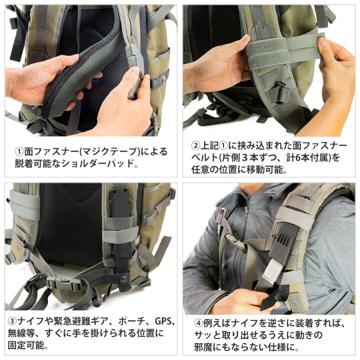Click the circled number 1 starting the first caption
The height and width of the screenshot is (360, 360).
19,152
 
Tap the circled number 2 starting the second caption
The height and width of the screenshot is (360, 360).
195,145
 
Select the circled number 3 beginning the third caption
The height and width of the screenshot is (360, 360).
12,321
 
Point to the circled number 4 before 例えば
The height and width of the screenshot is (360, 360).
198,323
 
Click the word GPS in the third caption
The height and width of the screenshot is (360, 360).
163,321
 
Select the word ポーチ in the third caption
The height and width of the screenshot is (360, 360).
132,321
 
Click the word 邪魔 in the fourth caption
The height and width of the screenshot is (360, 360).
203,347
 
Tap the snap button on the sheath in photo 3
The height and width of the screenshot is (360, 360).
124,279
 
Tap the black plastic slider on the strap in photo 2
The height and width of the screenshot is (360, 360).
281,92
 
